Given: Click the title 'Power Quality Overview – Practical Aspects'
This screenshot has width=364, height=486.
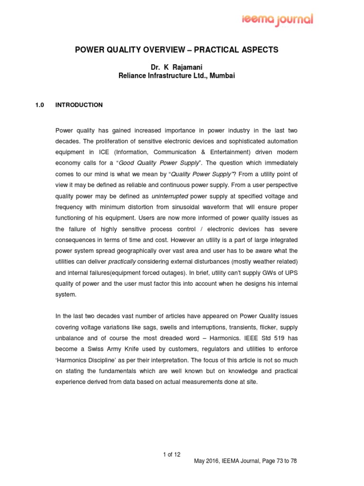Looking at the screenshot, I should [x=182, y=50].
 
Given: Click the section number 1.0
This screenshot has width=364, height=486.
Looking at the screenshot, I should [x=39, y=105].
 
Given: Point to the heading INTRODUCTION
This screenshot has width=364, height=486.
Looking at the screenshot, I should [x=79, y=105].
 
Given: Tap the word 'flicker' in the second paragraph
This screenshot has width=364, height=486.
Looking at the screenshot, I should [x=272, y=327].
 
